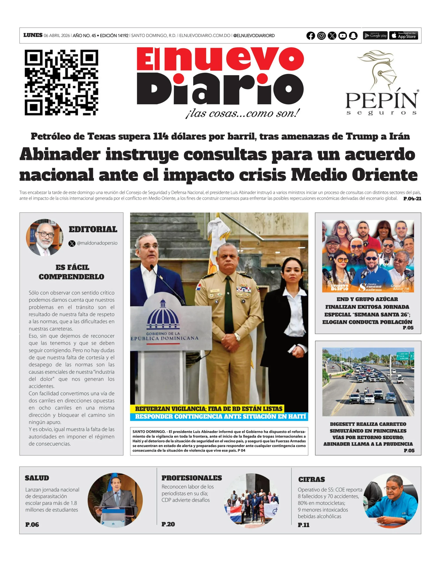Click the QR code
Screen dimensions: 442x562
(x=61, y=83)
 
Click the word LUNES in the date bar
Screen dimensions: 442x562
(x=33, y=35)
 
